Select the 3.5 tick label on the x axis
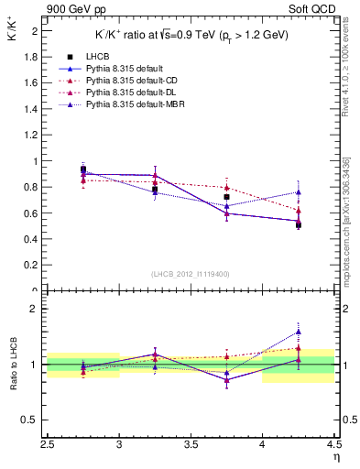[x=191, y=446]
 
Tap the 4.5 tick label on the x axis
[x=333, y=446]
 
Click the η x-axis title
[x=336, y=457]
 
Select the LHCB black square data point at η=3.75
[x=226, y=197]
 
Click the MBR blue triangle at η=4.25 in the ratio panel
[x=298, y=333]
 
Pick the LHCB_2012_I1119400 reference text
[x=191, y=274]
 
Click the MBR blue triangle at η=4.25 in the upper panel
[x=298, y=192]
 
